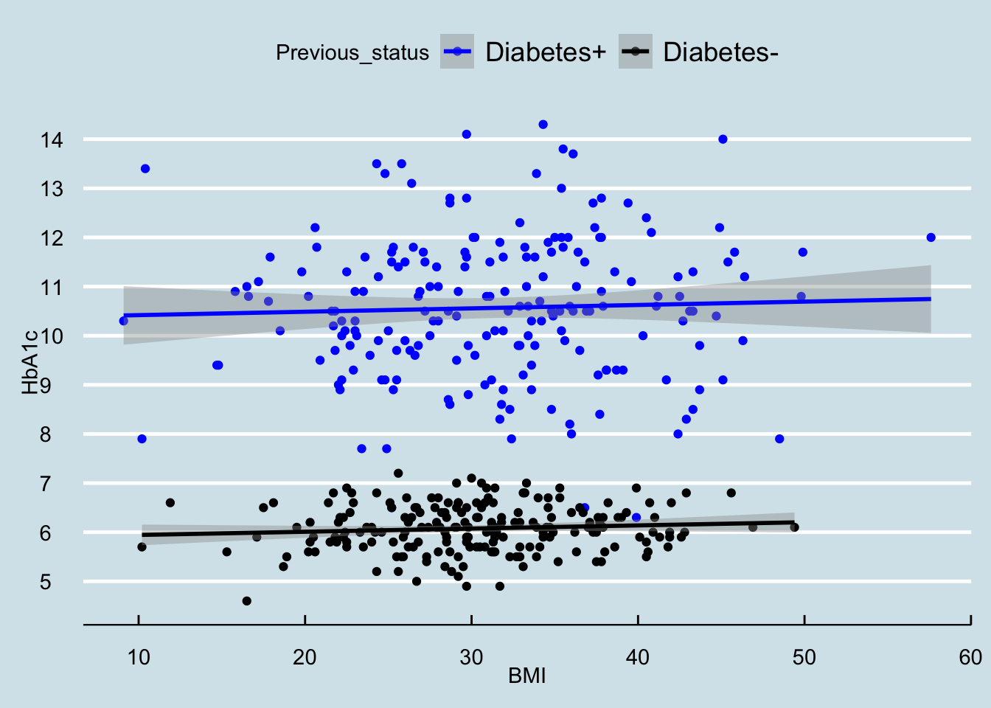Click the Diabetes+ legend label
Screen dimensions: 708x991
(x=546, y=52)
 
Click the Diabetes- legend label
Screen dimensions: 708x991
(x=720, y=52)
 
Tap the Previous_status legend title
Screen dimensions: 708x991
(x=352, y=53)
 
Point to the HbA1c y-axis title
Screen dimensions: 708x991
(x=29, y=361)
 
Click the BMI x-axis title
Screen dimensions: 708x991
(x=527, y=676)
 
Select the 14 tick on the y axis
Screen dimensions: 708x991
(x=52, y=139)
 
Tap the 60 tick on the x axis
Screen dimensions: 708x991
(x=970, y=657)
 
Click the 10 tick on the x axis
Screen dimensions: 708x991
(x=139, y=657)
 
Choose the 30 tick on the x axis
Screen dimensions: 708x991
(x=471, y=657)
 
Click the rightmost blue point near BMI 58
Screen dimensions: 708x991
(x=931, y=237)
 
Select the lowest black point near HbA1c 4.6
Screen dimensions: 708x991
(x=247, y=601)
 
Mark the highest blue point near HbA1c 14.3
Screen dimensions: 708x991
(x=543, y=125)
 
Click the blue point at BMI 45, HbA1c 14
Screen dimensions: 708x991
(x=723, y=139)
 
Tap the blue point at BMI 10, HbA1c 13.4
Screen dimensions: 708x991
(x=145, y=169)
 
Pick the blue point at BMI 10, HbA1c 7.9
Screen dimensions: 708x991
(x=142, y=439)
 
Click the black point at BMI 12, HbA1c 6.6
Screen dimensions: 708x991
(x=170, y=503)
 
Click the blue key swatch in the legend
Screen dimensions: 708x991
(x=457, y=52)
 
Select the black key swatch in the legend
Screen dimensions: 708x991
(x=635, y=52)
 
